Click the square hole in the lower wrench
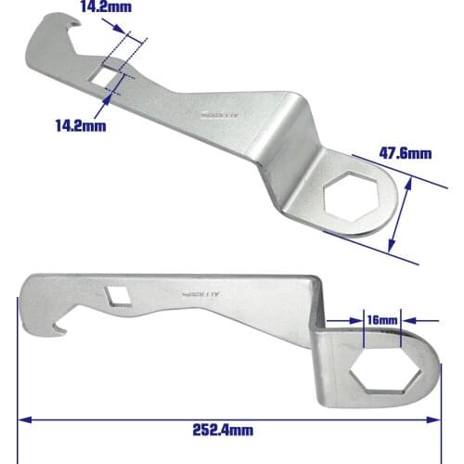tap(118, 294)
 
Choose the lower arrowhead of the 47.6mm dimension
tap(393, 249)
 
